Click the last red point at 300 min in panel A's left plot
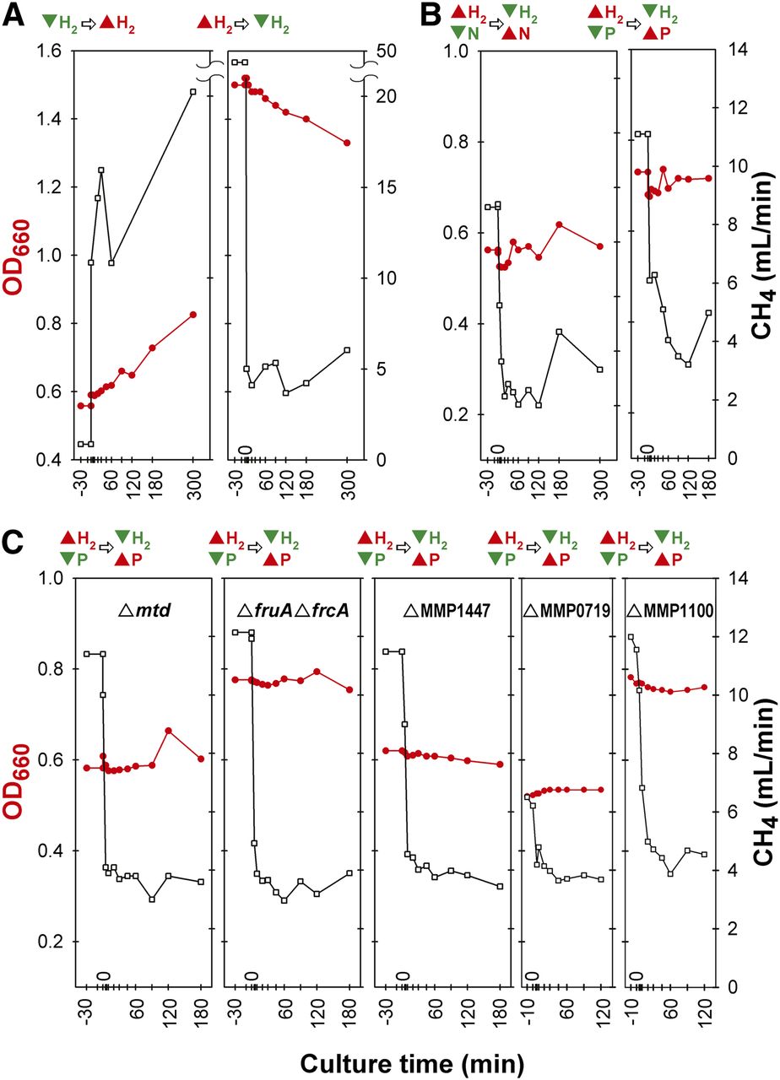[x=192, y=315]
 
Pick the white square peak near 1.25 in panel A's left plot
[x=101, y=170]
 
